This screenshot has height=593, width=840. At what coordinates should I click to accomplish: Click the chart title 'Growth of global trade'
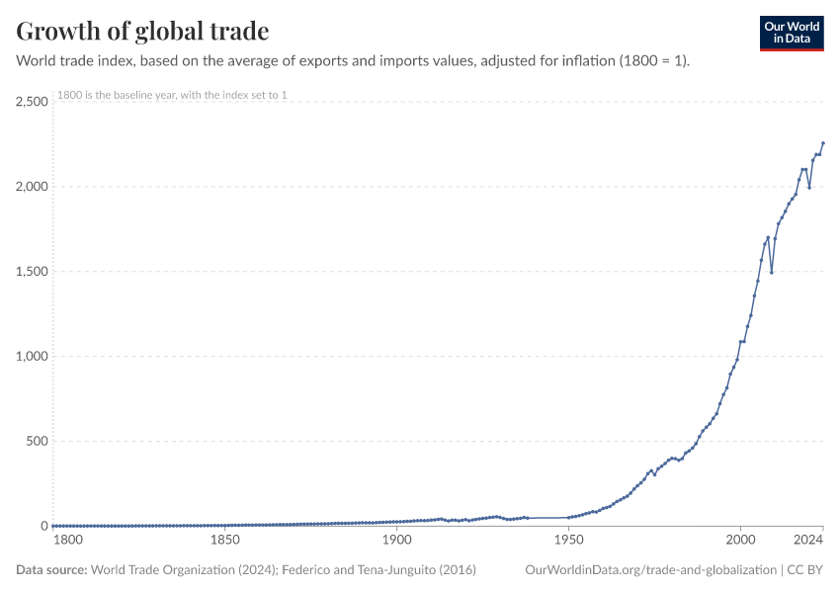tap(142, 32)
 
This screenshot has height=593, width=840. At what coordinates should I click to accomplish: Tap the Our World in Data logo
tap(791, 32)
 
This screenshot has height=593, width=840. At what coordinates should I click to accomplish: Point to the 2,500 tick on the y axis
tap(33, 102)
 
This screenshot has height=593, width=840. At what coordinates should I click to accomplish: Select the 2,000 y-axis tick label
tap(33, 187)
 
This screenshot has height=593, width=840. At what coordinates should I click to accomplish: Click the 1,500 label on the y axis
tap(33, 272)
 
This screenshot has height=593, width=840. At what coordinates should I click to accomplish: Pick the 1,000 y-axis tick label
tap(33, 357)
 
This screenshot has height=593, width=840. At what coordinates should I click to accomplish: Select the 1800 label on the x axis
tap(67, 541)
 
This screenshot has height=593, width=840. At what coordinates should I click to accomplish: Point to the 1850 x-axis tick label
tap(225, 541)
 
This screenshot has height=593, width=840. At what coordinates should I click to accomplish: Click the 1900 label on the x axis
tap(397, 541)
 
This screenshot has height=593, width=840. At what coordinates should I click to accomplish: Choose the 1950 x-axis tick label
tap(568, 541)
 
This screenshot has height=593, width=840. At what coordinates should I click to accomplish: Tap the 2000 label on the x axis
tap(740, 541)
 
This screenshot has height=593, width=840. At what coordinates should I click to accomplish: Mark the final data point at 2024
tap(823, 143)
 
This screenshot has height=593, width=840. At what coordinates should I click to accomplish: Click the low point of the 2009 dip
tap(772, 272)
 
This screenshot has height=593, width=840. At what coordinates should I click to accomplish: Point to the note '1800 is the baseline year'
tap(172, 95)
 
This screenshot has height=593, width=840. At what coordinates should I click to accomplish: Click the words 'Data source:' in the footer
tap(52, 570)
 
